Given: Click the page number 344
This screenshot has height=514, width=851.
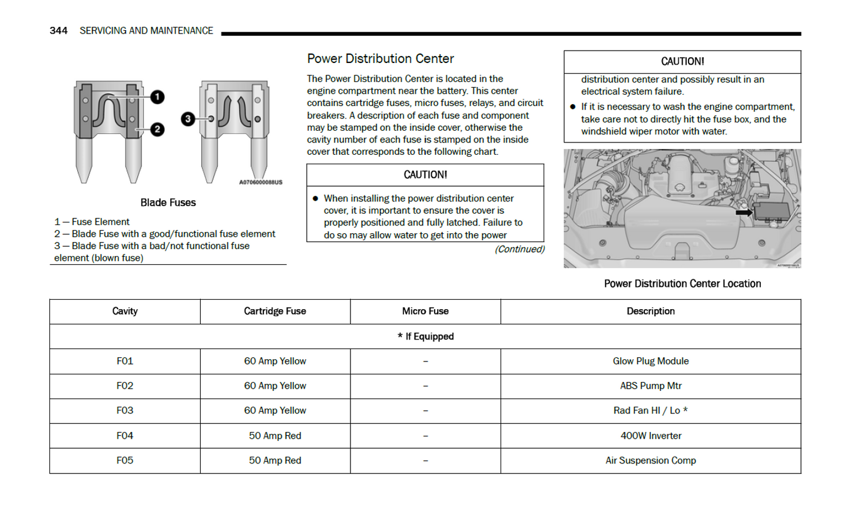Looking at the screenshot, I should [x=58, y=31].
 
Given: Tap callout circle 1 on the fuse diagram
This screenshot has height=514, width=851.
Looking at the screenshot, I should [x=157, y=97].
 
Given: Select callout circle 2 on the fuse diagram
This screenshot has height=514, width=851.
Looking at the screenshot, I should [x=157, y=130].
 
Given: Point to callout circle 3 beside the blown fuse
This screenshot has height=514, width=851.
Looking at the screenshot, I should [x=188, y=119].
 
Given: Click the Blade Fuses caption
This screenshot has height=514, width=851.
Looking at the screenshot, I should [x=168, y=203].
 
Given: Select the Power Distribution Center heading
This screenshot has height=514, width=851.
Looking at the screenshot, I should [x=380, y=59].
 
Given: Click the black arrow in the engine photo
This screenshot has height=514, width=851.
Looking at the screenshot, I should [x=744, y=213].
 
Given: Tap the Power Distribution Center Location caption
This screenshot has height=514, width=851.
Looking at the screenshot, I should [x=682, y=284].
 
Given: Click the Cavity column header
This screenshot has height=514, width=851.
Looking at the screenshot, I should [x=125, y=311].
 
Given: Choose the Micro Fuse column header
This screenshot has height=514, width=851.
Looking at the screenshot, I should [x=425, y=311].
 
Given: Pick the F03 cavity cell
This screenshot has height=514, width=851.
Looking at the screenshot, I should [x=125, y=410].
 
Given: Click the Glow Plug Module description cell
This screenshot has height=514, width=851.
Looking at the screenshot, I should [x=650, y=361].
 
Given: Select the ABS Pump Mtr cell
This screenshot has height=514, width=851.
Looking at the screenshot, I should [x=650, y=386].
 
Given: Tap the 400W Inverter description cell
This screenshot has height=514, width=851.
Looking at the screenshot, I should [x=650, y=436].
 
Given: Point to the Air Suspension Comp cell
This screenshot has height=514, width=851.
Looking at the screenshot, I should [x=650, y=460].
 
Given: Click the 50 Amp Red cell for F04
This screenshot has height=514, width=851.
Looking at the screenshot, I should [x=275, y=436].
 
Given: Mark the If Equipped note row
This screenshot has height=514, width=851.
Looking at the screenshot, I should [x=425, y=336].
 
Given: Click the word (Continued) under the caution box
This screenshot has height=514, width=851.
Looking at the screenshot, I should [x=519, y=249].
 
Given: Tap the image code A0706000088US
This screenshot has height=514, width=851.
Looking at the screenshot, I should [x=260, y=183].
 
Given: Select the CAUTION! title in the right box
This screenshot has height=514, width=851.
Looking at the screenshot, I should [x=682, y=62].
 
